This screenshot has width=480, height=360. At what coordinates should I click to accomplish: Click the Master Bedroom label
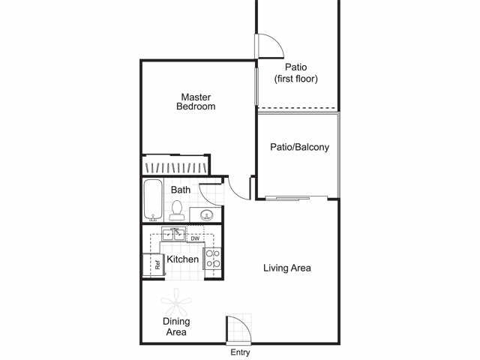click(x=196, y=102)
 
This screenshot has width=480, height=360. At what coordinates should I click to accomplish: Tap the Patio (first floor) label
click(x=296, y=73)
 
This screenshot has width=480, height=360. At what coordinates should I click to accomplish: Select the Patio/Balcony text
click(x=299, y=147)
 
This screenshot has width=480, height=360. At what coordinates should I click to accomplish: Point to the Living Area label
click(x=287, y=268)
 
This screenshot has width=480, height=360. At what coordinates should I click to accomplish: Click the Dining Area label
click(x=176, y=327)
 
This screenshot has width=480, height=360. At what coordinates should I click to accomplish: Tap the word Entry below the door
click(x=240, y=352)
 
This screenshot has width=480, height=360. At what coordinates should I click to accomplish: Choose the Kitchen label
click(x=182, y=259)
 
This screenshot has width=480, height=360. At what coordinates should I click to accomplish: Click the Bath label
click(x=181, y=190)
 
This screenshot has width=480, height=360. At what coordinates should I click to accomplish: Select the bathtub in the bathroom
click(x=153, y=200)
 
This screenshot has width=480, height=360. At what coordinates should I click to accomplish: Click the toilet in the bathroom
click(x=177, y=211)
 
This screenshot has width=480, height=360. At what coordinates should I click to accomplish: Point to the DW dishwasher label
click(x=195, y=238)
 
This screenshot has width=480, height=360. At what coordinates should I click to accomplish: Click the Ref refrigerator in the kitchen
click(x=154, y=265)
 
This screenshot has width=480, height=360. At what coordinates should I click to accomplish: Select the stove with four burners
click(x=213, y=259)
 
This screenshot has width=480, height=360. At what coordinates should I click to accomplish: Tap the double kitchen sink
click(x=174, y=234)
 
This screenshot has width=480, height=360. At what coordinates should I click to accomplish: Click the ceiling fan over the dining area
click(x=176, y=302)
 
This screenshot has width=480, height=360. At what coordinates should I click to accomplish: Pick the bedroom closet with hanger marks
click(x=175, y=165)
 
